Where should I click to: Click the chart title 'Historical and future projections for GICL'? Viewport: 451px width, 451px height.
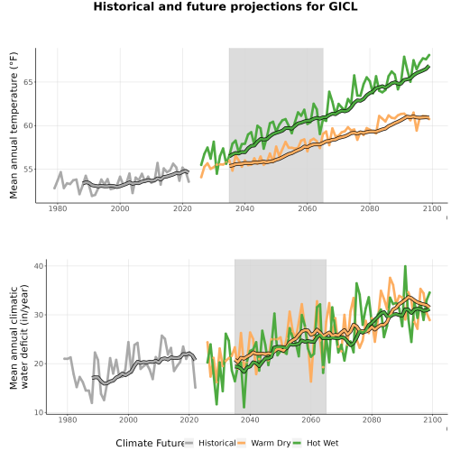[x=225, y=6]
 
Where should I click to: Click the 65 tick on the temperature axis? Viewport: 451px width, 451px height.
[x=28, y=82]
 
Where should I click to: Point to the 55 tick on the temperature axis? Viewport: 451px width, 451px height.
[x=28, y=170]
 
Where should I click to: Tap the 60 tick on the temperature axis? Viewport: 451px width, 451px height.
[x=28, y=125]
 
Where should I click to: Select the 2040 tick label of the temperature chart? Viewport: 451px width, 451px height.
[x=244, y=208]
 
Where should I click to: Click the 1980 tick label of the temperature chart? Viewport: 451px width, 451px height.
[x=58, y=208]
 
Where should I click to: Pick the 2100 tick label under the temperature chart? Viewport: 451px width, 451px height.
[x=432, y=208]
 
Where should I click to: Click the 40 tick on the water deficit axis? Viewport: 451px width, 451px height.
[x=39, y=266]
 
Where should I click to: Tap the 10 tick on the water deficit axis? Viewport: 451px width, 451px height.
[x=39, y=412]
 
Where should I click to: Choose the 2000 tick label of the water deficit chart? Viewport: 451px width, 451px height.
[x=128, y=419]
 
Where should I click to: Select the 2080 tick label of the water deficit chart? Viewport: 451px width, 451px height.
[x=372, y=419]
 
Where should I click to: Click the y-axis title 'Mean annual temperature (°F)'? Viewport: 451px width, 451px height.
[x=14, y=125]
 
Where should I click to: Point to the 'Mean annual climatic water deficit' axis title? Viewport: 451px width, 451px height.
[x=19, y=336]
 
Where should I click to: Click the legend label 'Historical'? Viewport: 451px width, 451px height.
[x=217, y=443]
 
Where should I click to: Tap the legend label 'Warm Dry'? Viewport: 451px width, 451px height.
[x=271, y=443]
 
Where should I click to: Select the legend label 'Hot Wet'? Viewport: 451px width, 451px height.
[x=323, y=443]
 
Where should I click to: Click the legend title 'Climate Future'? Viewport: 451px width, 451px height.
[x=150, y=443]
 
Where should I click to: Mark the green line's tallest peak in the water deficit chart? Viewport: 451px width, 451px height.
[x=405, y=266]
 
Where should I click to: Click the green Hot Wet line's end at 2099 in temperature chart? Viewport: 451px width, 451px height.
[x=429, y=55]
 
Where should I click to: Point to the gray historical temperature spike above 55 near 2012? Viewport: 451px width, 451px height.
[x=157, y=162]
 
